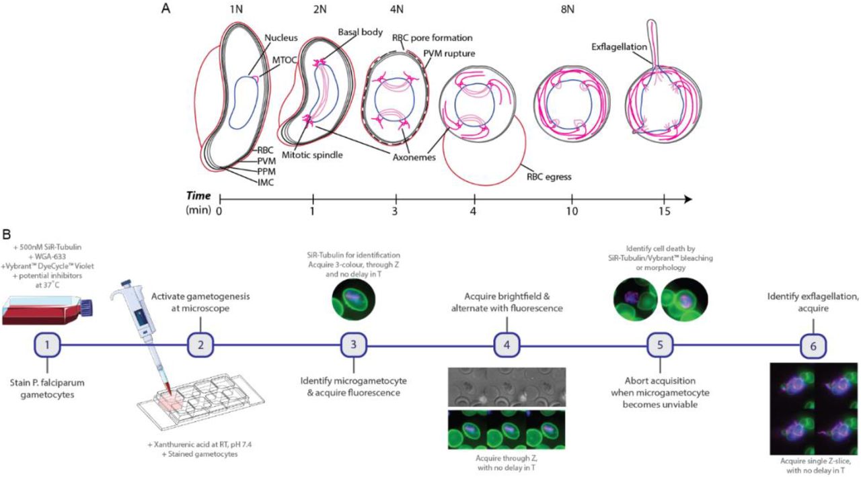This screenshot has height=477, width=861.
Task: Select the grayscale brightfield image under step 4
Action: point(506,386)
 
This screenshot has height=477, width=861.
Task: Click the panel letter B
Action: point(6,236)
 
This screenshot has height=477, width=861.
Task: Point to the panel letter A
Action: point(165,10)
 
